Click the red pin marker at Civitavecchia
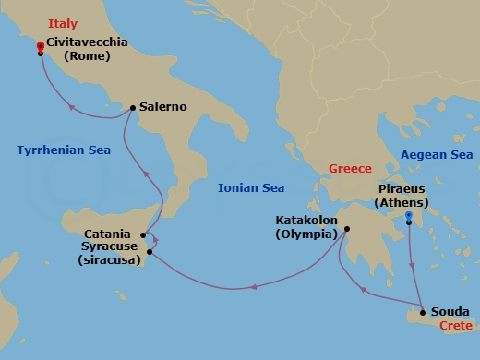click(40, 47)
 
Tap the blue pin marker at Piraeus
click(408, 217)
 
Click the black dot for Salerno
click(134, 108)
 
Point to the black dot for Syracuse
click(149, 251)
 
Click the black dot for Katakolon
click(346, 229)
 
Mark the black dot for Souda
click(423, 311)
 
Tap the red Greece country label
click(350, 169)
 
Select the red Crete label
click(455, 326)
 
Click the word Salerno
click(163, 107)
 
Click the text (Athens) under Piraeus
click(406, 201)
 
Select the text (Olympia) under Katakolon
click(306, 234)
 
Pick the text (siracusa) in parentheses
click(108, 261)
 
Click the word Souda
click(450, 311)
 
